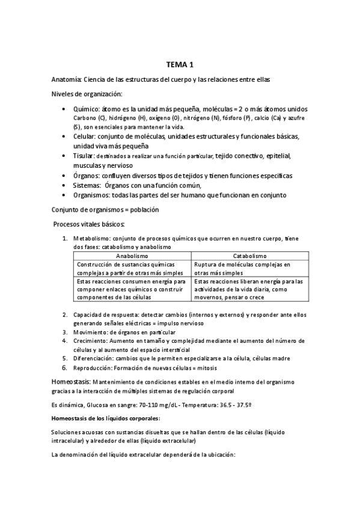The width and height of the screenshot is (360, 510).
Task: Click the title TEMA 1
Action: (x=180, y=65)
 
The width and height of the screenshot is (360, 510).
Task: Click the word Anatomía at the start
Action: (x=66, y=80)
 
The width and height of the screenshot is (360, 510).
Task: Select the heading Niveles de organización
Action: (x=87, y=94)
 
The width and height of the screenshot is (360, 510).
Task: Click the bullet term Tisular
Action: (x=85, y=156)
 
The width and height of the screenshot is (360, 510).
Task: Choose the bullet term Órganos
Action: (x=87, y=176)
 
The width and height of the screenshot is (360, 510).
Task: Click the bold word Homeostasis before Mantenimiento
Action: (x=71, y=382)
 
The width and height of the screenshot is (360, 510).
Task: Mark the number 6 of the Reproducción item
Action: (x=65, y=367)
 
